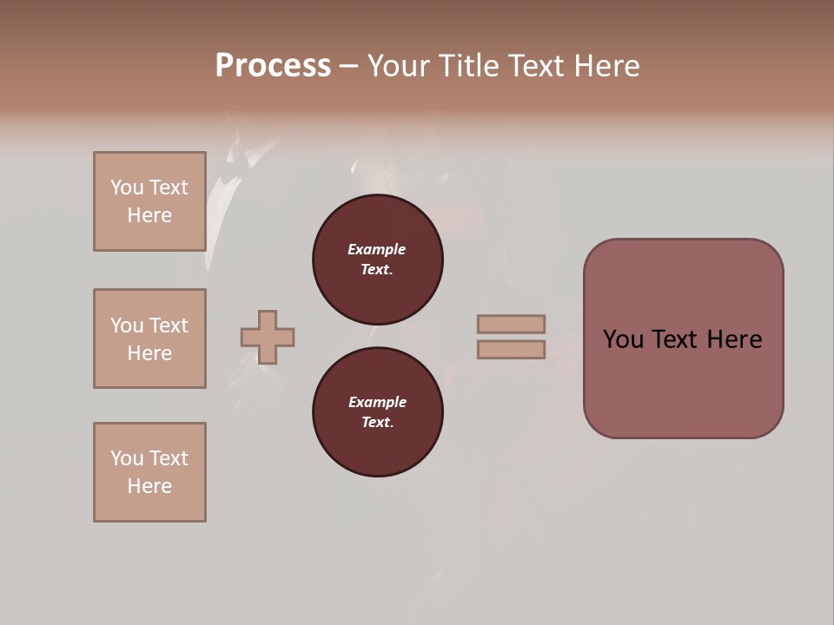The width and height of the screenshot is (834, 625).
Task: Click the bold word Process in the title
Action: tap(273, 66)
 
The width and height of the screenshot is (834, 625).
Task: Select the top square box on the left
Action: tap(149, 201)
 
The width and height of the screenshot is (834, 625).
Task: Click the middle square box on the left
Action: tap(149, 339)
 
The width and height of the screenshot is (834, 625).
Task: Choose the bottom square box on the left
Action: tap(149, 472)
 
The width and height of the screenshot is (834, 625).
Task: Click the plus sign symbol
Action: tap(268, 337)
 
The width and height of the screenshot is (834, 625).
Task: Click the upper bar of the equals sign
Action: tap(511, 324)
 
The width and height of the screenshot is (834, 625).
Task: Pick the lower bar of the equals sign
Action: tap(511, 349)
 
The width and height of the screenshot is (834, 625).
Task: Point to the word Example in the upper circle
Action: tap(377, 249)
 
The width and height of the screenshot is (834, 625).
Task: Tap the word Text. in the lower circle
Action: tap(377, 422)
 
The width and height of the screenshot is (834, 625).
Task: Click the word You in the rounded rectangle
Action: tap(624, 339)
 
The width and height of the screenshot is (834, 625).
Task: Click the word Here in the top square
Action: tap(149, 215)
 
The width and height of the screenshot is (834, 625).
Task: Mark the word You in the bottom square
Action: tap(127, 458)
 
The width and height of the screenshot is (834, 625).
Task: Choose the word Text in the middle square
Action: tap(169, 326)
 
